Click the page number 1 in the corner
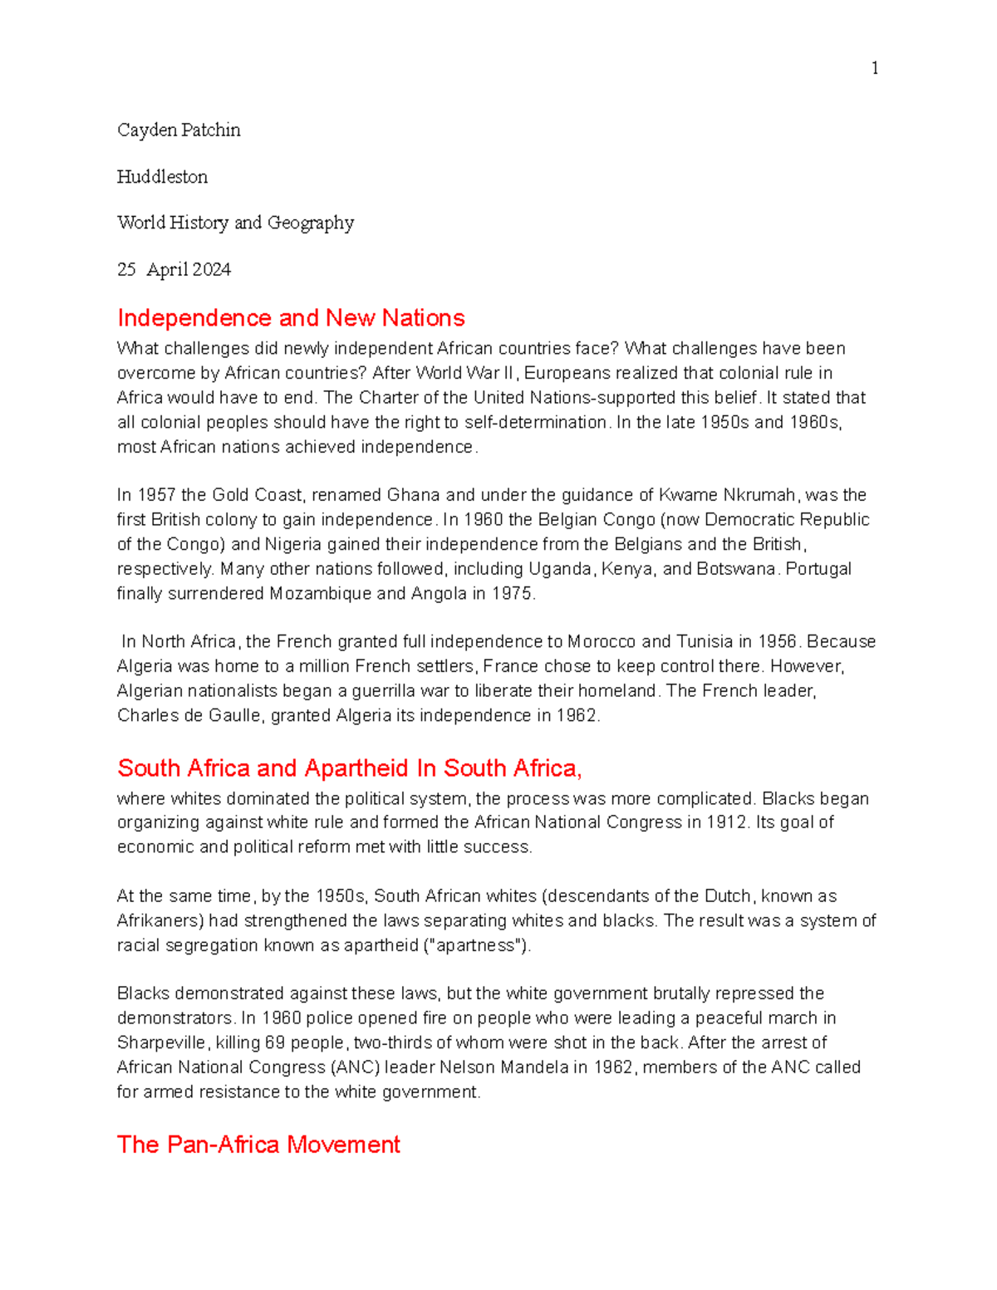(x=875, y=68)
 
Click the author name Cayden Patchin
(x=179, y=130)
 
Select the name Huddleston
(x=162, y=177)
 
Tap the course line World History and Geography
(x=235, y=223)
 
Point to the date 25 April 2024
(x=174, y=270)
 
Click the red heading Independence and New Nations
(x=291, y=318)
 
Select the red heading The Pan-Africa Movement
(x=258, y=1145)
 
